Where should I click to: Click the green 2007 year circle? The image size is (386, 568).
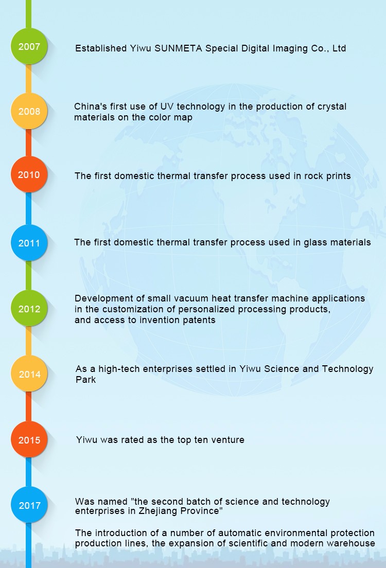29,46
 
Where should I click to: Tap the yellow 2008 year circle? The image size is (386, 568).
29,111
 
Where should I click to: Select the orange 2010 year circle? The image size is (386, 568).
29,174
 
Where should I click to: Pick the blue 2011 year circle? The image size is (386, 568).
29,243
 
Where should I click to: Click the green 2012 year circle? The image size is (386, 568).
29,308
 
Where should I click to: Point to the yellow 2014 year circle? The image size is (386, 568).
29,374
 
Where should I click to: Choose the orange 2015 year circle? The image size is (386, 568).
29,439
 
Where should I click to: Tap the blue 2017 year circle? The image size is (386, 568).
29,505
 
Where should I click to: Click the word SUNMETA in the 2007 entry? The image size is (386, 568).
178,48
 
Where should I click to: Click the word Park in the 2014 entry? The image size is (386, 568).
85,380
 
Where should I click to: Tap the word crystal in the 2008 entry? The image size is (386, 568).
332,107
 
